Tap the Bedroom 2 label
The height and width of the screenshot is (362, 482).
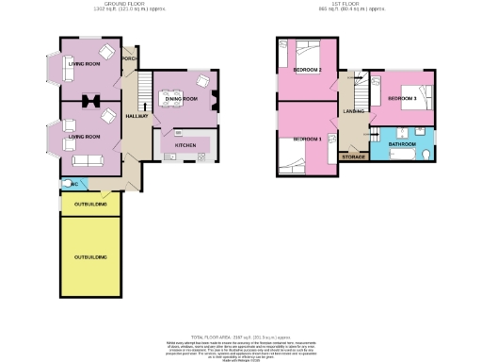coord(308,70)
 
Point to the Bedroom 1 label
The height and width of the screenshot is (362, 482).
coord(307,139)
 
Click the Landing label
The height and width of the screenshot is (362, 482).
coord(354,111)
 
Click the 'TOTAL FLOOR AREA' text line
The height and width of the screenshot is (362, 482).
coord(240,336)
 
